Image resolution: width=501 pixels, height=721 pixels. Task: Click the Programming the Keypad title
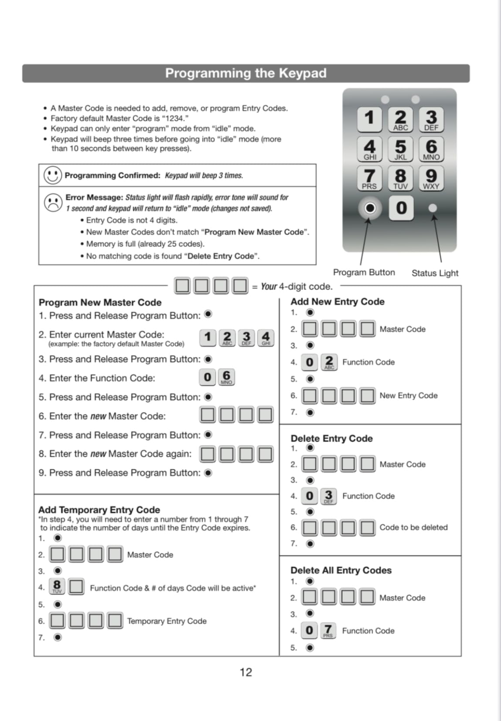245,73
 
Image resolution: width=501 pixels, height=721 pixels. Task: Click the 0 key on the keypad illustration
401,208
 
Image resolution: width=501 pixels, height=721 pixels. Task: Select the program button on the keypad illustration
370,208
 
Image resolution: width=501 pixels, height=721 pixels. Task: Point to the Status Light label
435,273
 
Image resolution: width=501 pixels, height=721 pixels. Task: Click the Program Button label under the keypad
364,272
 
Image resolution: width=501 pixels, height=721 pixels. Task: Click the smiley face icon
53,175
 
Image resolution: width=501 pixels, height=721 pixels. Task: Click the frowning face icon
53,202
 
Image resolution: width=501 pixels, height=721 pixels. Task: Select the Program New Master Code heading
100,302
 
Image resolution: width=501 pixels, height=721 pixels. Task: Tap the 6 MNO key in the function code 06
226,377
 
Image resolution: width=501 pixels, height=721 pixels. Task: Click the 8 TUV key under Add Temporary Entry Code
57,586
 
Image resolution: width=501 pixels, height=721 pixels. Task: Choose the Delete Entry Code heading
331,438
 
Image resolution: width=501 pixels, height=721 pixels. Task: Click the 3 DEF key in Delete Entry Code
328,496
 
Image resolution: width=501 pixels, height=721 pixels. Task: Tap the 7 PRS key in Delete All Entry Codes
328,630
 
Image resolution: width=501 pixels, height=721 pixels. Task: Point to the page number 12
246,672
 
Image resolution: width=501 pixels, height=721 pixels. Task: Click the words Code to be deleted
413,527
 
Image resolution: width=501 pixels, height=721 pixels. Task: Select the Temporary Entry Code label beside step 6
167,621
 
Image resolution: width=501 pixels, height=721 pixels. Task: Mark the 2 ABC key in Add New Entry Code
329,362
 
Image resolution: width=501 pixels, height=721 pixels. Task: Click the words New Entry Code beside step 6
408,396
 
